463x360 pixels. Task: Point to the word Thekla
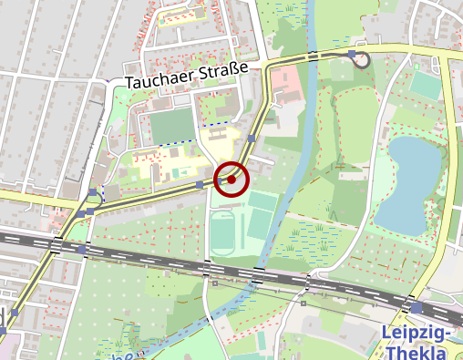click(x=417, y=352)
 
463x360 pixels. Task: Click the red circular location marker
click(x=231, y=180)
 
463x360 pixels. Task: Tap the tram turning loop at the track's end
click(x=361, y=60)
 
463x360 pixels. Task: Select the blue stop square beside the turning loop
click(x=352, y=54)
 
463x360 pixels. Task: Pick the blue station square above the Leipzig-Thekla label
click(x=417, y=309)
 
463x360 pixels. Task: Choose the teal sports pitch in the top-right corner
click(x=425, y=85)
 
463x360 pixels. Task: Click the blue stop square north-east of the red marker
click(x=251, y=139)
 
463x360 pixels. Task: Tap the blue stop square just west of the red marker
click(x=200, y=184)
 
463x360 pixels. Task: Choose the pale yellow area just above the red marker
click(x=219, y=146)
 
